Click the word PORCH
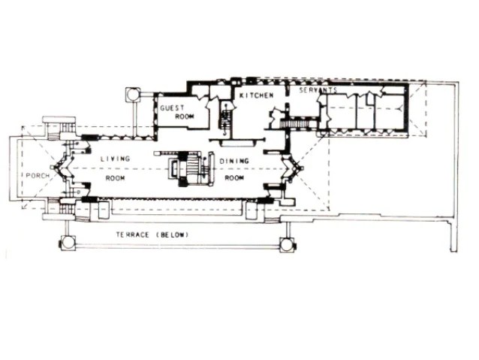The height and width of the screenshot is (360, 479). tap(38, 176)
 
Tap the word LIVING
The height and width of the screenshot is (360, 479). tap(116, 159)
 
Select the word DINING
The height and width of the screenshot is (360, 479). tap(234, 161)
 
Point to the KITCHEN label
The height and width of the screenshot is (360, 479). tap(256, 95)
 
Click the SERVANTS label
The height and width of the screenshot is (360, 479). tap(318, 90)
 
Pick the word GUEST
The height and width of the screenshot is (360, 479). tap(172, 107)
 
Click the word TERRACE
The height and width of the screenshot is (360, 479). tap(133, 235)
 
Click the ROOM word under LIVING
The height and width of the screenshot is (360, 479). tap(115, 178)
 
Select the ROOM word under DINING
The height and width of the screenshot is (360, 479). tap(234, 178)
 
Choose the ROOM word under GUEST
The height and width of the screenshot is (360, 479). tap(185, 116)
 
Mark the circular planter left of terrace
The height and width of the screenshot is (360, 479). tap(68, 244)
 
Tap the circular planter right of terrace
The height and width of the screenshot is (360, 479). tap(287, 244)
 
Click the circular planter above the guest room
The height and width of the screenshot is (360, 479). tap(133, 95)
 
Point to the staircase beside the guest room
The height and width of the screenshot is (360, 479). tap(225, 118)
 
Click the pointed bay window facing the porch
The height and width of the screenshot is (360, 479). tap(62, 168)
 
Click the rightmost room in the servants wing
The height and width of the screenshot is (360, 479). tap(390, 112)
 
